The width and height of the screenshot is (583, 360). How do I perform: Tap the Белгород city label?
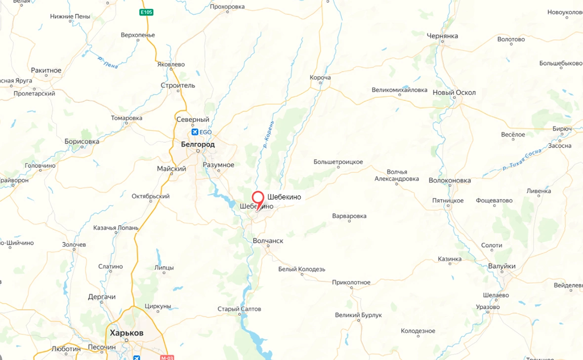[198, 145]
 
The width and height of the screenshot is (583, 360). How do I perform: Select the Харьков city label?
[126, 333]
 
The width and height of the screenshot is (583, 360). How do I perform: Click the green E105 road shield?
[146, 12]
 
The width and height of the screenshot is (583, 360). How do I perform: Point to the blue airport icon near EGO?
[195, 132]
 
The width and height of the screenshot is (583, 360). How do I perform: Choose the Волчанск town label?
[268, 241]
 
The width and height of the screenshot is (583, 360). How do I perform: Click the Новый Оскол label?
[454, 93]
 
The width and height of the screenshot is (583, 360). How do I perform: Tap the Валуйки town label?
[501, 266]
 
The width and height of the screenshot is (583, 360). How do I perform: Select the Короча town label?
[320, 78]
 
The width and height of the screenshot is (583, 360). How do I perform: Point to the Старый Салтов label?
[239, 309]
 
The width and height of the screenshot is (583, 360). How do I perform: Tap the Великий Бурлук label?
[358, 315]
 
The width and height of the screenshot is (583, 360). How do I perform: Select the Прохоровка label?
[227, 7]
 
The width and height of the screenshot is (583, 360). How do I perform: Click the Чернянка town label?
[442, 36]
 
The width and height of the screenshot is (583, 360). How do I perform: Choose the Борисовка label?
[82, 142]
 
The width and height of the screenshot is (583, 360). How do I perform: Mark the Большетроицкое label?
[338, 162]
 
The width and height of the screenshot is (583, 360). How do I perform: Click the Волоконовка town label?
[450, 181]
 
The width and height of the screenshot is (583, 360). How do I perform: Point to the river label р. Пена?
[108, 61]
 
